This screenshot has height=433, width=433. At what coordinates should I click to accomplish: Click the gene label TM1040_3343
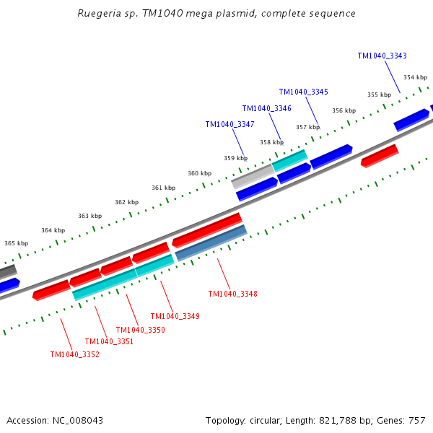tap(382, 56)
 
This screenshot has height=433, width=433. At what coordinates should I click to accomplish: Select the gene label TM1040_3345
tap(303, 92)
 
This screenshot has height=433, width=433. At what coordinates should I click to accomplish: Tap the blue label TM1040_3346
tap(266, 108)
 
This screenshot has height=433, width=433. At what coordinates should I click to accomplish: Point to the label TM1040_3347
tap(229, 124)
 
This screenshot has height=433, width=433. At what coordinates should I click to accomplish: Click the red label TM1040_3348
tap(232, 294)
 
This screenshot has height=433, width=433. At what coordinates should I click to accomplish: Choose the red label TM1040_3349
tap(175, 316)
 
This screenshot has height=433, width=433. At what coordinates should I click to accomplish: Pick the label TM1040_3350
tap(140, 330)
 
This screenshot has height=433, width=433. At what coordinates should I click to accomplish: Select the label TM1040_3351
tap(109, 341)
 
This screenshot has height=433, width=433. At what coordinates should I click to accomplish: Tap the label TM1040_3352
tap(74, 354)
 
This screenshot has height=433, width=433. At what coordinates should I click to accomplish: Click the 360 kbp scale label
tap(199, 173)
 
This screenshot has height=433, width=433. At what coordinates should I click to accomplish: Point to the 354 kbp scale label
tap(414, 77)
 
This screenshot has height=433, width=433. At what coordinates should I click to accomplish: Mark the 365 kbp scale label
tap(16, 244)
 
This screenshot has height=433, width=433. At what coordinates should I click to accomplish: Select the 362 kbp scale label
tap(126, 202)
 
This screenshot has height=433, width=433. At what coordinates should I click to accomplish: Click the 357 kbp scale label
tap(307, 127)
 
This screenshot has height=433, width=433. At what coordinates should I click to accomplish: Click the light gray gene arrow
tap(252, 175)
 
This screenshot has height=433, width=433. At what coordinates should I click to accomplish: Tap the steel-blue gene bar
tap(211, 242)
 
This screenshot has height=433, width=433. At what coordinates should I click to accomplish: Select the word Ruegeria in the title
tap(100, 14)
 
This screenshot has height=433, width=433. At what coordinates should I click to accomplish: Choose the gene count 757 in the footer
tap(416, 420)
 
